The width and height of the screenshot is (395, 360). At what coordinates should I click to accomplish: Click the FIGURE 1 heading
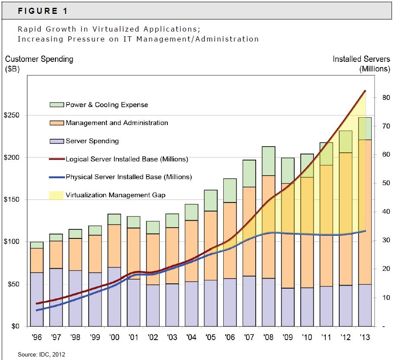[x=42, y=11]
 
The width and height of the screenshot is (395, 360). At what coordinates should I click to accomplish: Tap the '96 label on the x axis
[x=36, y=337]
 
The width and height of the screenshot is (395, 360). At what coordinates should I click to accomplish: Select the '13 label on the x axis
[x=365, y=337]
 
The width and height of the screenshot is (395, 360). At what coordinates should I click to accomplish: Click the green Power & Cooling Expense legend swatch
[x=56, y=105]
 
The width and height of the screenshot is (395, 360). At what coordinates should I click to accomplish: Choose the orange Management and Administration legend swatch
[x=56, y=123]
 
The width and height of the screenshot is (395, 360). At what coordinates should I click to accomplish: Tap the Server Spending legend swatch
[x=56, y=141]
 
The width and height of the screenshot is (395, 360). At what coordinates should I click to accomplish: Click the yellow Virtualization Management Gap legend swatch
[x=56, y=195]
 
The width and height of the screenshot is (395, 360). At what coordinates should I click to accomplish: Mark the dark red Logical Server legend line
[x=56, y=159]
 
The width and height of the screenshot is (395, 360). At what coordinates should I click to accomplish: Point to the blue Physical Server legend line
[x=56, y=177]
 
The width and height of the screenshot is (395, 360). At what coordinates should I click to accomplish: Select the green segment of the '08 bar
[x=269, y=161]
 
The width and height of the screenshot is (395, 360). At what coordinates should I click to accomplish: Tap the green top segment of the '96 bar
[x=37, y=245]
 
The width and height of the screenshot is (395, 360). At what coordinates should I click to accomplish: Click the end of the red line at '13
[x=365, y=91]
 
